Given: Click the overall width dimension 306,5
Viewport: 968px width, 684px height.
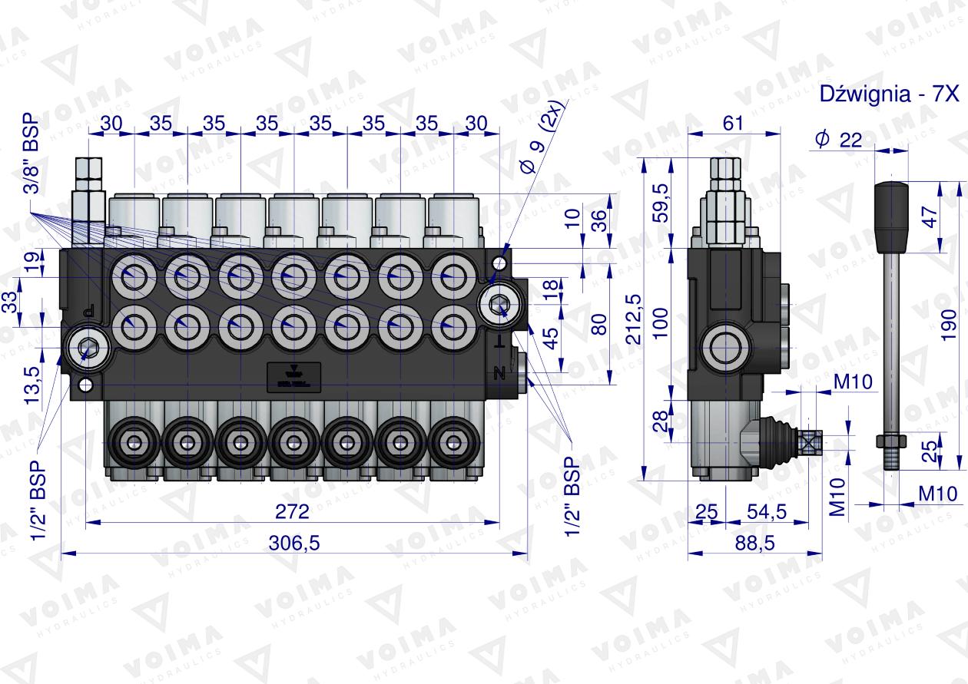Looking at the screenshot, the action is tap(293, 543).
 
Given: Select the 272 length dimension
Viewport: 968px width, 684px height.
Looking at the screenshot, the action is tap(293, 512).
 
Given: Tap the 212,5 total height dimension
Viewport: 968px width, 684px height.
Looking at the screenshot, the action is tap(635, 319).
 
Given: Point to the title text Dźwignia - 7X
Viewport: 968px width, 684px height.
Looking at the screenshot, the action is tap(889, 94).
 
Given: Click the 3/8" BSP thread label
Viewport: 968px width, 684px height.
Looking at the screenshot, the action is tap(31, 154).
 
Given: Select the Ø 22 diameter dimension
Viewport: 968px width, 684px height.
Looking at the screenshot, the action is tap(838, 140).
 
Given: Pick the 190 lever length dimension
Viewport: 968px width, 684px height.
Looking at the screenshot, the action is tap(949, 325).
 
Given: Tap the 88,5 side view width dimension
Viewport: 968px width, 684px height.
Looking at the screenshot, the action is tap(755, 543).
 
